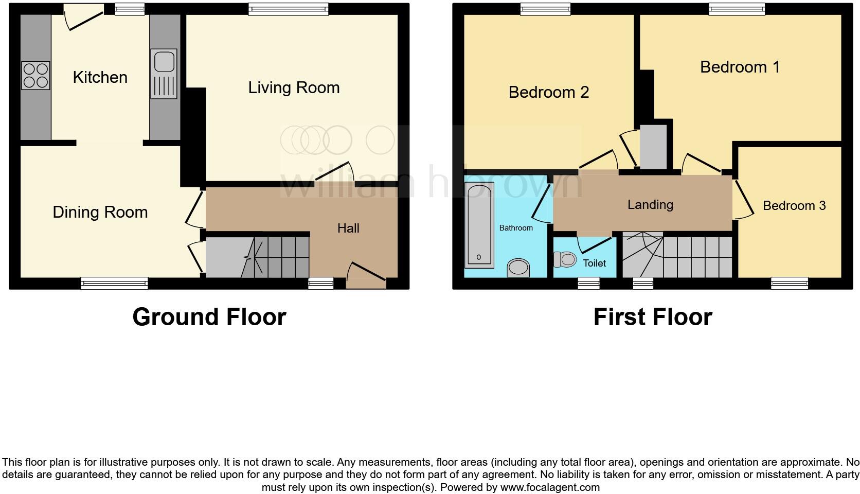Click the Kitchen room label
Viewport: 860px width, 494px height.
(100, 77)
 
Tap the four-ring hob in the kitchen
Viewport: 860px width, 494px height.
(35, 76)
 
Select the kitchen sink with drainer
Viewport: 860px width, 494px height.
(164, 74)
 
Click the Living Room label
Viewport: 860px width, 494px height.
(294, 87)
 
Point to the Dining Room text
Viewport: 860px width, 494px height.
(100, 212)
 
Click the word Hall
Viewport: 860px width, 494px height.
(348, 228)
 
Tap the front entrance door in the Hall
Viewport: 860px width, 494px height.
(366, 275)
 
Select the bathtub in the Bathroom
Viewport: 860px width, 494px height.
(479, 224)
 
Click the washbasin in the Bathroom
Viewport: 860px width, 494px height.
(518, 267)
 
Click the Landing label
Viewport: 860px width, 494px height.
(650, 205)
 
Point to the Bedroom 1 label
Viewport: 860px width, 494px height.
(740, 67)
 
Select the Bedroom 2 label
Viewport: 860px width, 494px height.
(548, 92)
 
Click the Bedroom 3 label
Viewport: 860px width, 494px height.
(794, 206)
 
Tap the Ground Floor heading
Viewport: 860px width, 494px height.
(209, 317)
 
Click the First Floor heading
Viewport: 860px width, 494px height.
(652, 317)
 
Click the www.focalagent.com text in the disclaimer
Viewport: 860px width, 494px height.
(550, 487)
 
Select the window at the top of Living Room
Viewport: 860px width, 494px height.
(288, 8)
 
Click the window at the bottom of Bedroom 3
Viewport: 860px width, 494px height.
(790, 282)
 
